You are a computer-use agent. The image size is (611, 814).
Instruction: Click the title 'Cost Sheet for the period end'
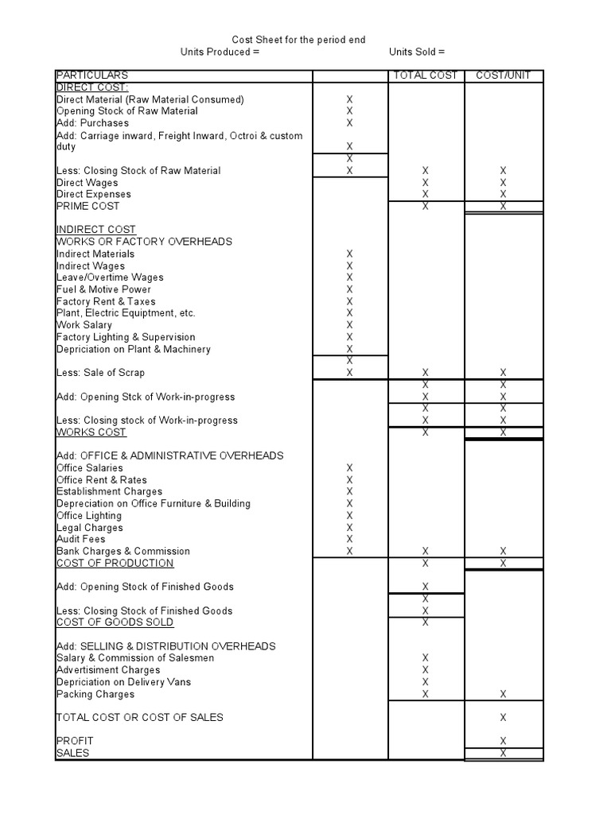point(298,40)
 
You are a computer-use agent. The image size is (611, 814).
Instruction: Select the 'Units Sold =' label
point(417,52)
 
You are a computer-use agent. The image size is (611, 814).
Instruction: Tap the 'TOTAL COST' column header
point(426,76)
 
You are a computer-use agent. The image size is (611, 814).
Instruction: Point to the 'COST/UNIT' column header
point(503,76)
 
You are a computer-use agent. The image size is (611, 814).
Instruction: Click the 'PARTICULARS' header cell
point(92,76)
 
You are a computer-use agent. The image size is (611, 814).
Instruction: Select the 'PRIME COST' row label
point(88,206)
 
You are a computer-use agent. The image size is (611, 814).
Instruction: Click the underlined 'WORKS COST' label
point(91,432)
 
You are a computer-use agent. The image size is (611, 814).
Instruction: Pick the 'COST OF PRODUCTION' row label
point(115,563)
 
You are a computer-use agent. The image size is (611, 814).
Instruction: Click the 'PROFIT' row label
point(75,741)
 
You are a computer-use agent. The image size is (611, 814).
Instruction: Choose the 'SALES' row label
point(73,753)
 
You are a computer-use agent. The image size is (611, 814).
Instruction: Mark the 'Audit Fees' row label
point(80,539)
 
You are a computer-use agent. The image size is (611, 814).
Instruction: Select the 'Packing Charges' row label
point(95,694)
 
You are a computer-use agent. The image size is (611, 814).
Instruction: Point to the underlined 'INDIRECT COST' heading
point(95,230)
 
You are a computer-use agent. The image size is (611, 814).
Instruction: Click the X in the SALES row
point(503,753)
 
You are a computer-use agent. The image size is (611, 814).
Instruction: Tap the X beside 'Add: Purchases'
point(349,123)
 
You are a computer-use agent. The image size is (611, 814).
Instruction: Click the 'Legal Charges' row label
point(89,527)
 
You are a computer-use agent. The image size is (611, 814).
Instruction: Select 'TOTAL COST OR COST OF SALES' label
point(139,717)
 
